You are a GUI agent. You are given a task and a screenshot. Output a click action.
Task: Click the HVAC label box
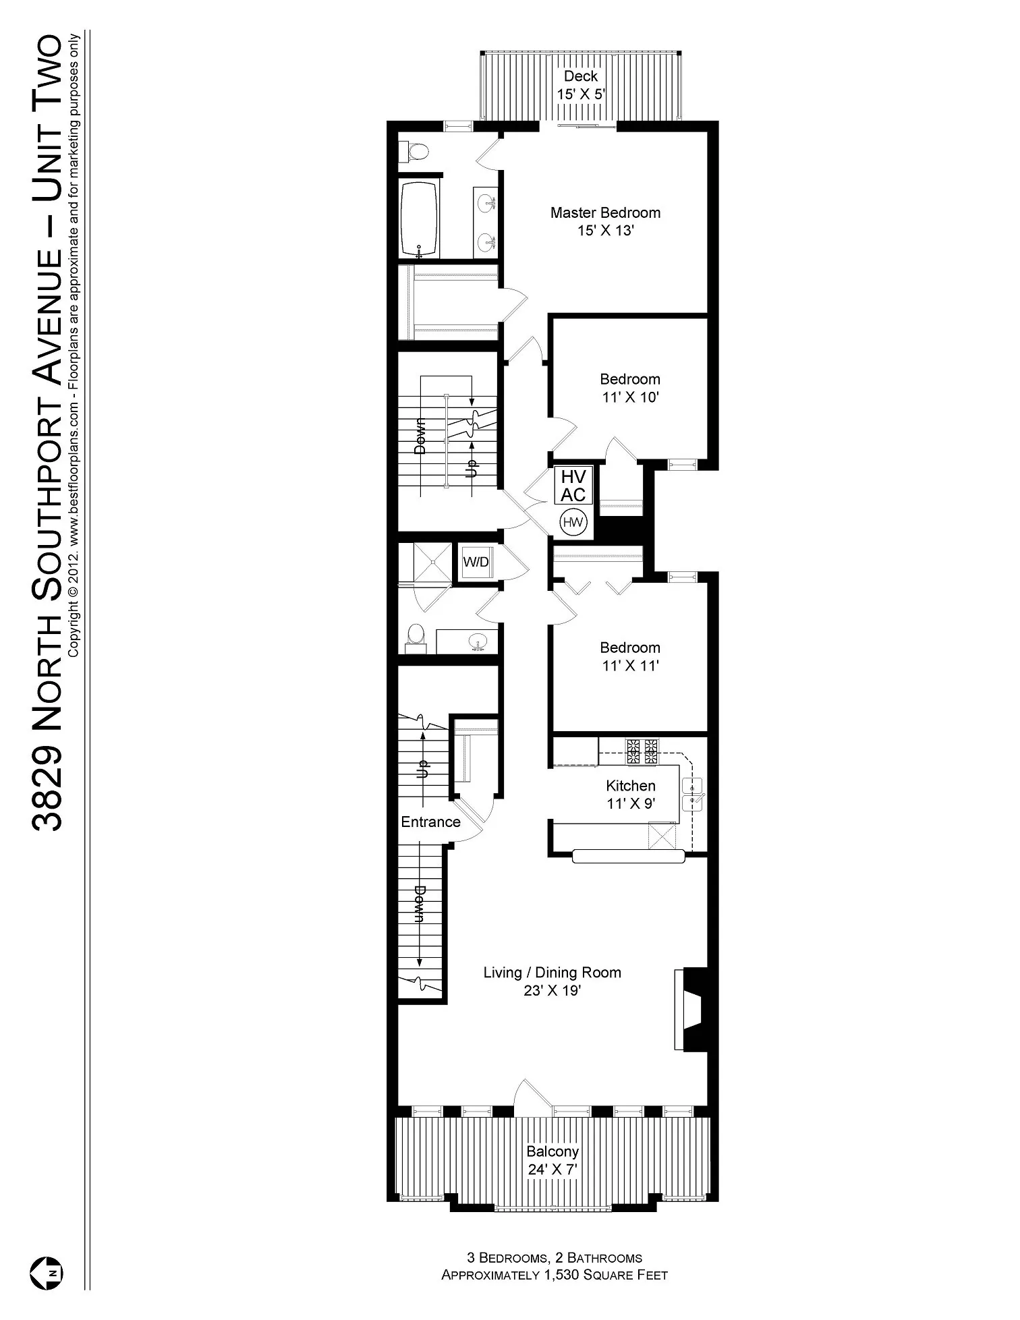pyautogui.click(x=573, y=486)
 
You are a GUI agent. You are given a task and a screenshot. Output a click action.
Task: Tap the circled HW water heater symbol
pyautogui.click(x=573, y=522)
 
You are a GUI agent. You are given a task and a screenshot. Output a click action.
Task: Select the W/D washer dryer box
pyautogui.click(x=476, y=562)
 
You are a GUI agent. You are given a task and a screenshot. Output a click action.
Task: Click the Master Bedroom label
pyautogui.click(x=605, y=213)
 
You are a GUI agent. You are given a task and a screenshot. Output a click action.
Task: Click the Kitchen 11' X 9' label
pyautogui.click(x=631, y=795)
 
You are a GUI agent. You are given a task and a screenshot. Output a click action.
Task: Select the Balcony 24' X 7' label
pyautogui.click(x=552, y=1160)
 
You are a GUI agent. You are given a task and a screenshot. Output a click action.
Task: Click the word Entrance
pyautogui.click(x=430, y=822)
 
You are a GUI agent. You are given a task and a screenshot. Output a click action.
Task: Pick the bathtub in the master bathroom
pyautogui.click(x=419, y=218)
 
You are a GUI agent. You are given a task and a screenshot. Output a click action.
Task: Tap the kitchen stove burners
pyautogui.click(x=642, y=751)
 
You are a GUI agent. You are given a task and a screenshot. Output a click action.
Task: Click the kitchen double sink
pyautogui.click(x=693, y=794)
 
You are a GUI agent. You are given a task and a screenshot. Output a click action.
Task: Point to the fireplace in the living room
pyautogui.click(x=691, y=1009)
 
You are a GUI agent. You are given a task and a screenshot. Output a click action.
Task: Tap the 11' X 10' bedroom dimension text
pyautogui.click(x=630, y=397)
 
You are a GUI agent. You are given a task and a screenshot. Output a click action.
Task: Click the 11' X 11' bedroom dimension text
pyautogui.click(x=630, y=666)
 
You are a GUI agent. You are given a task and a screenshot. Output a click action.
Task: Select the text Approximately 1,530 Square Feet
pyautogui.click(x=554, y=1275)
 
